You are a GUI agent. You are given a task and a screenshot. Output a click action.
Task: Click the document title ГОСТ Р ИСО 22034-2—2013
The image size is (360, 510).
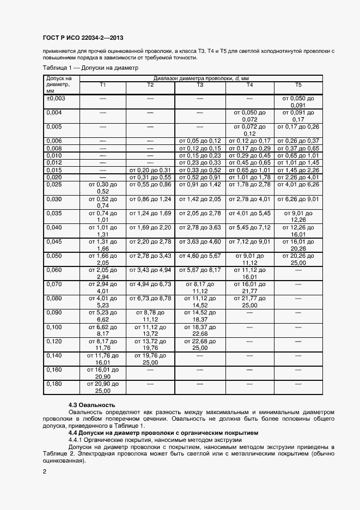click(83, 38)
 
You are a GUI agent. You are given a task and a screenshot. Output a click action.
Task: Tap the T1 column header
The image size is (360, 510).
click(103, 85)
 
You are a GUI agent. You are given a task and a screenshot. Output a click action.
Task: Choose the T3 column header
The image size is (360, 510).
click(200, 85)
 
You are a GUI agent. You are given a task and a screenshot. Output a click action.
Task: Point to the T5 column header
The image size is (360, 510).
click(298, 85)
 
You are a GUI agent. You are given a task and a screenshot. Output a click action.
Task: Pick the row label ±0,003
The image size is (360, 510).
click(56, 98)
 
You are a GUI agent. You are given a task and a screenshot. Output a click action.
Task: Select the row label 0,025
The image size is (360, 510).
click(54, 185)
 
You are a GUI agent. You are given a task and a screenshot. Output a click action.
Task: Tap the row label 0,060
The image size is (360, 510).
click(54, 270)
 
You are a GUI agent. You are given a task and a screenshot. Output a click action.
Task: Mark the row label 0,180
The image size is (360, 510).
click(54, 384)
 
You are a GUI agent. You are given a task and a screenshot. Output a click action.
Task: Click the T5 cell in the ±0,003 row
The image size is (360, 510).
click(298, 101)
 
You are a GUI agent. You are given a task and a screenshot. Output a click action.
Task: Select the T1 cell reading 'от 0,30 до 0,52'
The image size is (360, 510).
click(103, 189)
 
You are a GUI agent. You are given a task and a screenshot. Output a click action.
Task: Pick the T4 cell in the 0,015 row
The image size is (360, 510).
click(249, 170)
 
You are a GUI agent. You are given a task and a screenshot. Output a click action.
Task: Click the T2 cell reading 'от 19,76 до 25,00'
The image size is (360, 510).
click(151, 359)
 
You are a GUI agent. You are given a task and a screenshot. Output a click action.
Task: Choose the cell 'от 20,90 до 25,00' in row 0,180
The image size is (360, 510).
click(103, 387)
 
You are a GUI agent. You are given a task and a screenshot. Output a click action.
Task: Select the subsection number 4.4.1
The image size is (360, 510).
click(77, 440)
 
